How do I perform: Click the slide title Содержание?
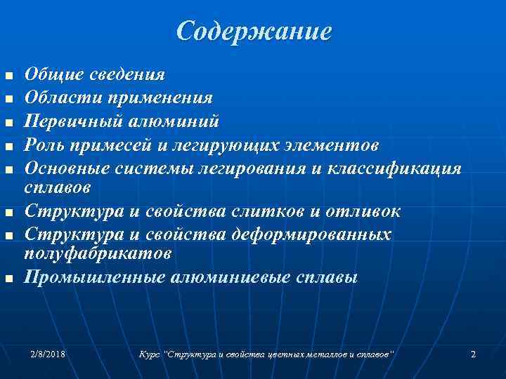tap(254, 32)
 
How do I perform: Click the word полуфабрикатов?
tap(92, 251)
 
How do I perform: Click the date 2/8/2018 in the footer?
tap(48, 354)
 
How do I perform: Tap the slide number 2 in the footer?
tap(473, 354)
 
